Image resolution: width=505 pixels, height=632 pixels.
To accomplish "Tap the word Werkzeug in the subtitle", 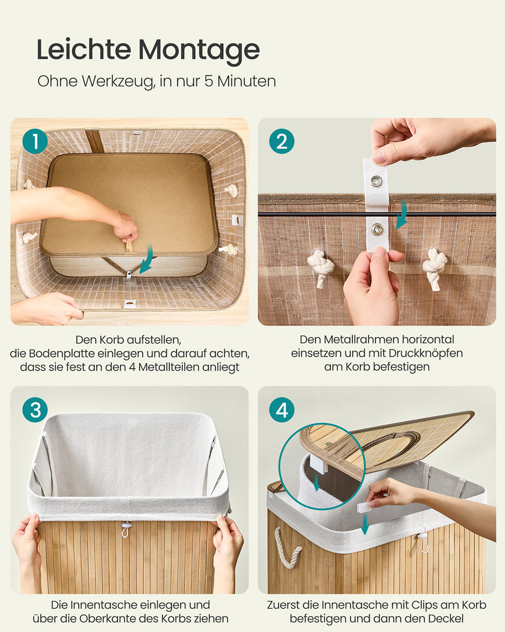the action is pos(118,82).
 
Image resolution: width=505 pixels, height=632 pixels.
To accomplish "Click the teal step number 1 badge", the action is pos(35,141).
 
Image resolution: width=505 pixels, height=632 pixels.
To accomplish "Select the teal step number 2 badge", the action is pos(282,141).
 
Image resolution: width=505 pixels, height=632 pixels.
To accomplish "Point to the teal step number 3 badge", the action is pos(35,410).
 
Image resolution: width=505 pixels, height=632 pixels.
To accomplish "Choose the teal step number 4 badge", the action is pos(282,410).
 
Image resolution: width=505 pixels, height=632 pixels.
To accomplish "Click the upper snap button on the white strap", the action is pos(376,181).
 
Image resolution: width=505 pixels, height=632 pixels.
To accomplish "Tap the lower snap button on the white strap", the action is pos(377,228).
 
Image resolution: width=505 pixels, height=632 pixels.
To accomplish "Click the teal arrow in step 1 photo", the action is pos(147,259).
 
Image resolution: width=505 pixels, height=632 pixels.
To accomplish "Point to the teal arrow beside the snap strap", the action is pos(402,214).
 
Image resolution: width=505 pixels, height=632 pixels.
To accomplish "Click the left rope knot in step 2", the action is pos(321,267).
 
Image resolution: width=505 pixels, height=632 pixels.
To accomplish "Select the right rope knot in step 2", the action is pos(434,268).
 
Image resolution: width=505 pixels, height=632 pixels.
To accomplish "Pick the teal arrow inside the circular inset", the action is pos(316,483).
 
